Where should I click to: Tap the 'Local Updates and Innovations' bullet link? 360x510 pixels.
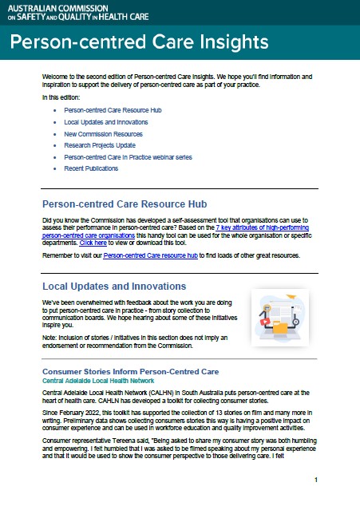105,121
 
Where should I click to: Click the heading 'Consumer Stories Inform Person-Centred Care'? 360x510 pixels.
130,372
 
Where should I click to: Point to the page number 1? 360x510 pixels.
316,480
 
